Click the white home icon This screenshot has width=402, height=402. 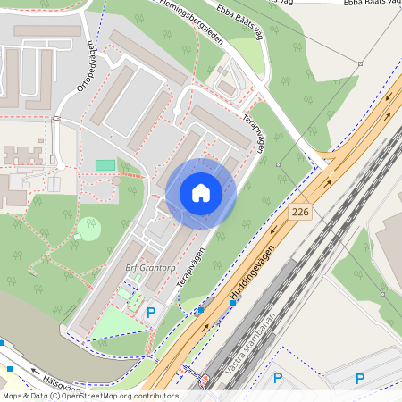click(200, 193)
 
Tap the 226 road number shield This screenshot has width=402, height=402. click(299, 212)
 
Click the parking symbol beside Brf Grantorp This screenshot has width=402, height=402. click(151, 313)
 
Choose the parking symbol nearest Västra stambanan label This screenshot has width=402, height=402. click(277, 378)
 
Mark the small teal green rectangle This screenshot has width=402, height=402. click(105, 164)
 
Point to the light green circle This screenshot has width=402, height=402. click(89, 229)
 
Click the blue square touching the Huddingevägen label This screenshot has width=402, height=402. click(233, 303)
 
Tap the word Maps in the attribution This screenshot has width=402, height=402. click(13, 395)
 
